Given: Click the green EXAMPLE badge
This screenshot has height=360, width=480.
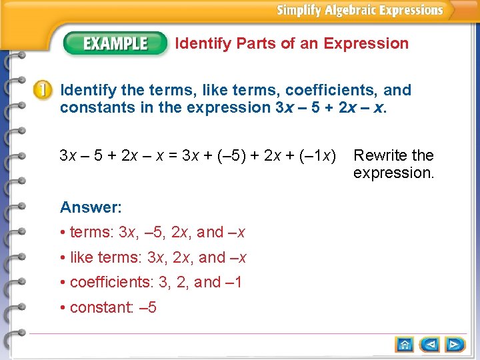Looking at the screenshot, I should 115,44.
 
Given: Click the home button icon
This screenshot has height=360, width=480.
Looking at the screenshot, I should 405,345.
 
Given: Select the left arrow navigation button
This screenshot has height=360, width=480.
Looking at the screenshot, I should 430,345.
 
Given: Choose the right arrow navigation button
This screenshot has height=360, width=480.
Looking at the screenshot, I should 455,345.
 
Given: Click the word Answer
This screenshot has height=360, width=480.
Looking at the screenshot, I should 90,207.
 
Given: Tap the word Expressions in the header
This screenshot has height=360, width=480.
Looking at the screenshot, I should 410,10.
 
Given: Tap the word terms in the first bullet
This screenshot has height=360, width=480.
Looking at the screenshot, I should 91,233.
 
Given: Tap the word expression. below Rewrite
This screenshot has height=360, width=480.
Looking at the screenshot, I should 393,173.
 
